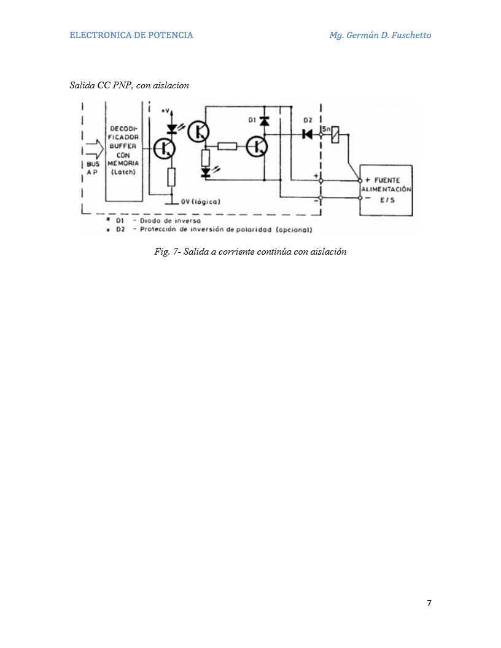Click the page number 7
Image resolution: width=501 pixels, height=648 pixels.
point(429,603)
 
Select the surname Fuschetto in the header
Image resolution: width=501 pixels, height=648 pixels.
point(411,35)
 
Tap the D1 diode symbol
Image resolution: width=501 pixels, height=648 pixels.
point(265,120)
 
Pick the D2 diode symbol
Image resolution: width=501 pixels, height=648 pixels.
point(308,134)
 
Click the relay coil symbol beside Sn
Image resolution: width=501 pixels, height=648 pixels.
point(335,134)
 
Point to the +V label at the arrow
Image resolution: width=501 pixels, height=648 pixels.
point(165,110)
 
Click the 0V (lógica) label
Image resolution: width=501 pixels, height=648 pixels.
point(201,202)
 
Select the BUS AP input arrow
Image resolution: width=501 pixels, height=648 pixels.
point(95,149)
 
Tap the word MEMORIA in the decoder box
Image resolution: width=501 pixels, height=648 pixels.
point(123,163)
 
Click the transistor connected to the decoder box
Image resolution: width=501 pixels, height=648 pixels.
point(164,148)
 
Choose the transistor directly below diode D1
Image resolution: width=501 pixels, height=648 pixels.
point(257,146)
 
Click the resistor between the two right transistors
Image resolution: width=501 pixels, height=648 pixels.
point(227,146)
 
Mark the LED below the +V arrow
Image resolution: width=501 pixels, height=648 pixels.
point(172,128)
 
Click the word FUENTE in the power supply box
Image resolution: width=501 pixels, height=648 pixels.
point(387,180)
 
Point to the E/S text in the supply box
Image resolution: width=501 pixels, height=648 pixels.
point(387,200)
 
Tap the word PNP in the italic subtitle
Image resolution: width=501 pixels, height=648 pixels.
point(122,85)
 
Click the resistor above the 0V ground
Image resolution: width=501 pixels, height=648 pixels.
point(171,177)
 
